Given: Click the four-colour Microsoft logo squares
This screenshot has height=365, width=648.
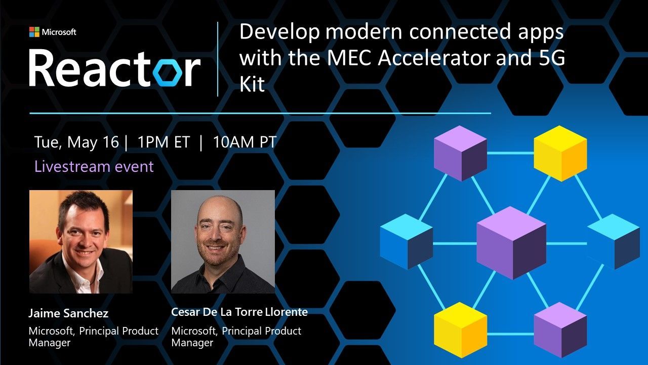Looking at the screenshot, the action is pos(34,32).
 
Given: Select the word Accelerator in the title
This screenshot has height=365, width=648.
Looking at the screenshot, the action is pos(434,57).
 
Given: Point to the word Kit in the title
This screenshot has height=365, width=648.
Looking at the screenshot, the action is pos(252,84).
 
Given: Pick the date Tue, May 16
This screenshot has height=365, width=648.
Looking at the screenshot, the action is pos(76,142).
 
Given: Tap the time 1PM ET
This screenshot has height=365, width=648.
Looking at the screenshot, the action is pos(164,142).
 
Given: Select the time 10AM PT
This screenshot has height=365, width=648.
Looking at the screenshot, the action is pos(245,142).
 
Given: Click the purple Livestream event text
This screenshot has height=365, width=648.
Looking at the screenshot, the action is pos(94,167).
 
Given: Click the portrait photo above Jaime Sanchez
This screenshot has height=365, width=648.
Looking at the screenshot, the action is pos(81,242).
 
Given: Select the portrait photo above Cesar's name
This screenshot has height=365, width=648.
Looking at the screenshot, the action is pos(223,242).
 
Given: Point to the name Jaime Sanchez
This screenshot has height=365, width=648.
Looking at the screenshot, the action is pos(68,313).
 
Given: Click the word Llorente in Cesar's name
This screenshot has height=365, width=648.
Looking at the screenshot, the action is pos(287,312).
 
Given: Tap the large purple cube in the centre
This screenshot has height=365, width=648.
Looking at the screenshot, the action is pos(511,243).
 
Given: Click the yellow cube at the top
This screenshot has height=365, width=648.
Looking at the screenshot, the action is pos(560,153).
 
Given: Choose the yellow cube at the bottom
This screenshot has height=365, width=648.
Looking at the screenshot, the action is pos(461,330).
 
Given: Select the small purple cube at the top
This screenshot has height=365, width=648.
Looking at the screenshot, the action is pos(461,153).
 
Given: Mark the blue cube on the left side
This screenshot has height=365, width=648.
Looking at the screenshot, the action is pos(406,242).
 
